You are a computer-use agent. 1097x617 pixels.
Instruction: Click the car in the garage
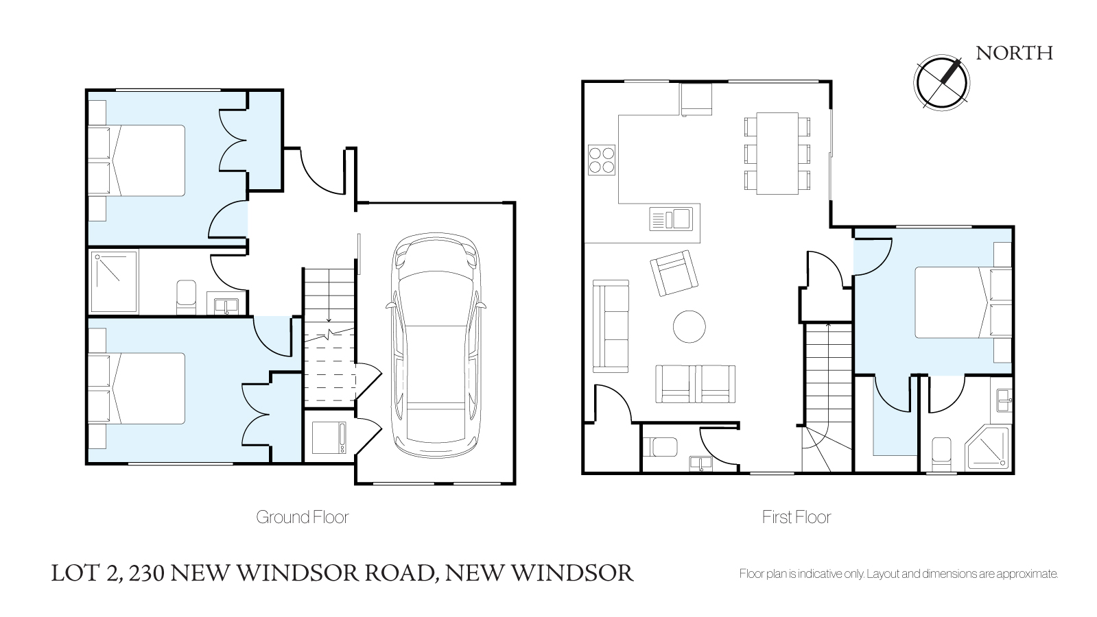(x=436, y=346)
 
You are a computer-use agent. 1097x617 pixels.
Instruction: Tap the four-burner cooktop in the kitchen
(x=602, y=160)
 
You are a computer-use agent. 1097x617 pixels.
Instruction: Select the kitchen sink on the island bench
(x=671, y=219)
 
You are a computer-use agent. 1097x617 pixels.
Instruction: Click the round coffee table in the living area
(x=689, y=326)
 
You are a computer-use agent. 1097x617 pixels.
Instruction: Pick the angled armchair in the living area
(x=674, y=273)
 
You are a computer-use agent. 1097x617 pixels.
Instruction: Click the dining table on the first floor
(x=777, y=153)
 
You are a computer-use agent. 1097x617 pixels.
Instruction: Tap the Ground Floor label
(x=302, y=517)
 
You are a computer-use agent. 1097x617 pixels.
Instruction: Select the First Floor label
(x=797, y=517)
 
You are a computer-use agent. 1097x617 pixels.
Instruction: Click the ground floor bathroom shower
(x=114, y=282)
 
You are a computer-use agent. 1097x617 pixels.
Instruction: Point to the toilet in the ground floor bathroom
(x=186, y=297)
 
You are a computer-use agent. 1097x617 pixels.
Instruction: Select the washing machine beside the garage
(x=329, y=437)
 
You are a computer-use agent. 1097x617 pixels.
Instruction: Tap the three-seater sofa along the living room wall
(x=610, y=326)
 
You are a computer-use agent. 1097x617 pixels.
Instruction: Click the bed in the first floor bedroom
(x=963, y=302)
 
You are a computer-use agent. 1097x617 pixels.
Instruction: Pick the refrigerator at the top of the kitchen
(x=696, y=99)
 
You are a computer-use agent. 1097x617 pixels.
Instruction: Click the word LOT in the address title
(x=76, y=573)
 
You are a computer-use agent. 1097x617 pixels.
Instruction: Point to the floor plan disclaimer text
(x=899, y=573)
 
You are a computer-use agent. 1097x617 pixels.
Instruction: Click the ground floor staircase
(x=329, y=337)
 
